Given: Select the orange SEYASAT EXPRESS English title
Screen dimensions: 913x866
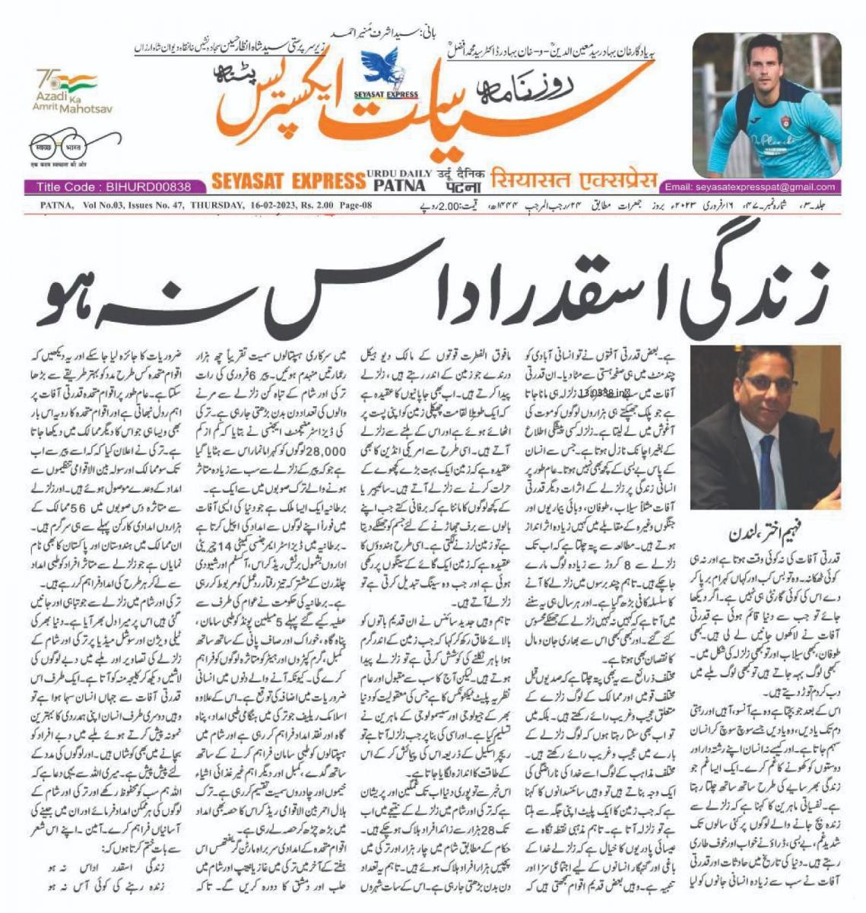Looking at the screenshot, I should coord(287,180).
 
